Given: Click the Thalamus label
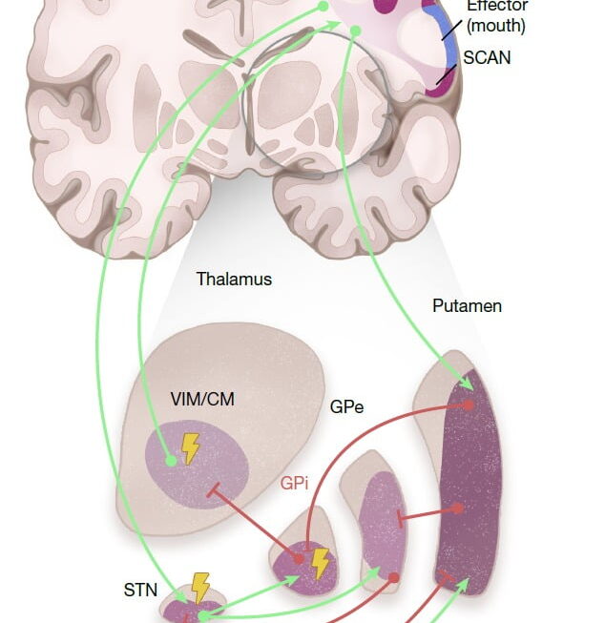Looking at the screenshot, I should coord(234,280).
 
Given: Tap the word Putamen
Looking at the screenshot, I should coord(467,306).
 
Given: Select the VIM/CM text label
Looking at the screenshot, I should coord(203,400).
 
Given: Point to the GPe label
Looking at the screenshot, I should coord(346,406).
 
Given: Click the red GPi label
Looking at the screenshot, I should coord(294,484).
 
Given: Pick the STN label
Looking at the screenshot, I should coord(140,590).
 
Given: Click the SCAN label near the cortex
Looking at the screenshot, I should coord(487,57).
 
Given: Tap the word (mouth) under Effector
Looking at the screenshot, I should coord(496,26).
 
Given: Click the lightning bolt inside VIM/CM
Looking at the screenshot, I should coord(191,446).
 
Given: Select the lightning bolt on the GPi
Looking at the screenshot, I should coord(320,563).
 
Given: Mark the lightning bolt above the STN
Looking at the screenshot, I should coord(200,587).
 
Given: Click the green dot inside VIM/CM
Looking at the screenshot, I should coord(171,461).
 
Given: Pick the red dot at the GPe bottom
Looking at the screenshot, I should coord(393,578).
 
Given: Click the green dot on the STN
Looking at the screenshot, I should coord(202,616).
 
